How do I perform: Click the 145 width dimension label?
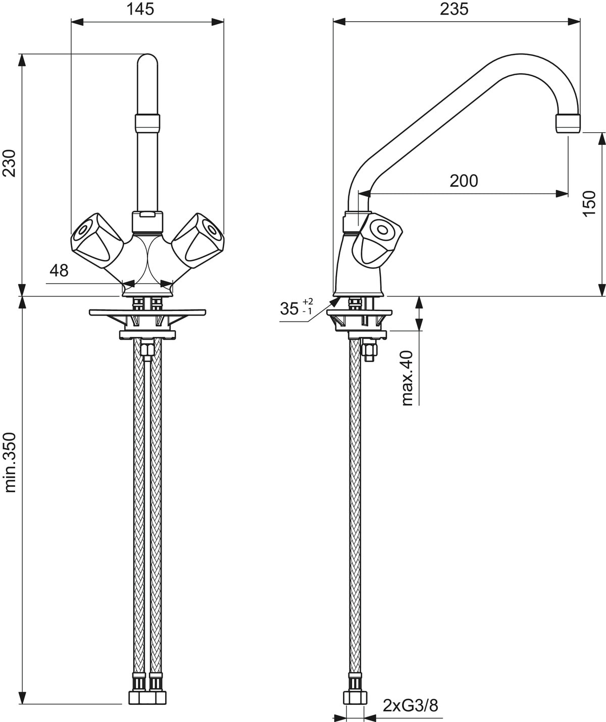(140, 9)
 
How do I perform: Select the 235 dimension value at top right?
(454, 9)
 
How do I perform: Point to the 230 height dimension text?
(9, 163)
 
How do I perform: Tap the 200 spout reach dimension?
(464, 181)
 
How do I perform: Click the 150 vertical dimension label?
(589, 203)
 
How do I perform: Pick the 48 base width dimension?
(59, 270)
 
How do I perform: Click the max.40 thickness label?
(408, 378)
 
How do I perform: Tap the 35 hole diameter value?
(289, 308)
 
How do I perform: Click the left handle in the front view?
(97, 239)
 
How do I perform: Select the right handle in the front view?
(197, 239)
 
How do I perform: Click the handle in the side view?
(378, 239)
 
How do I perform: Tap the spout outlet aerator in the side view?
(568, 123)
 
